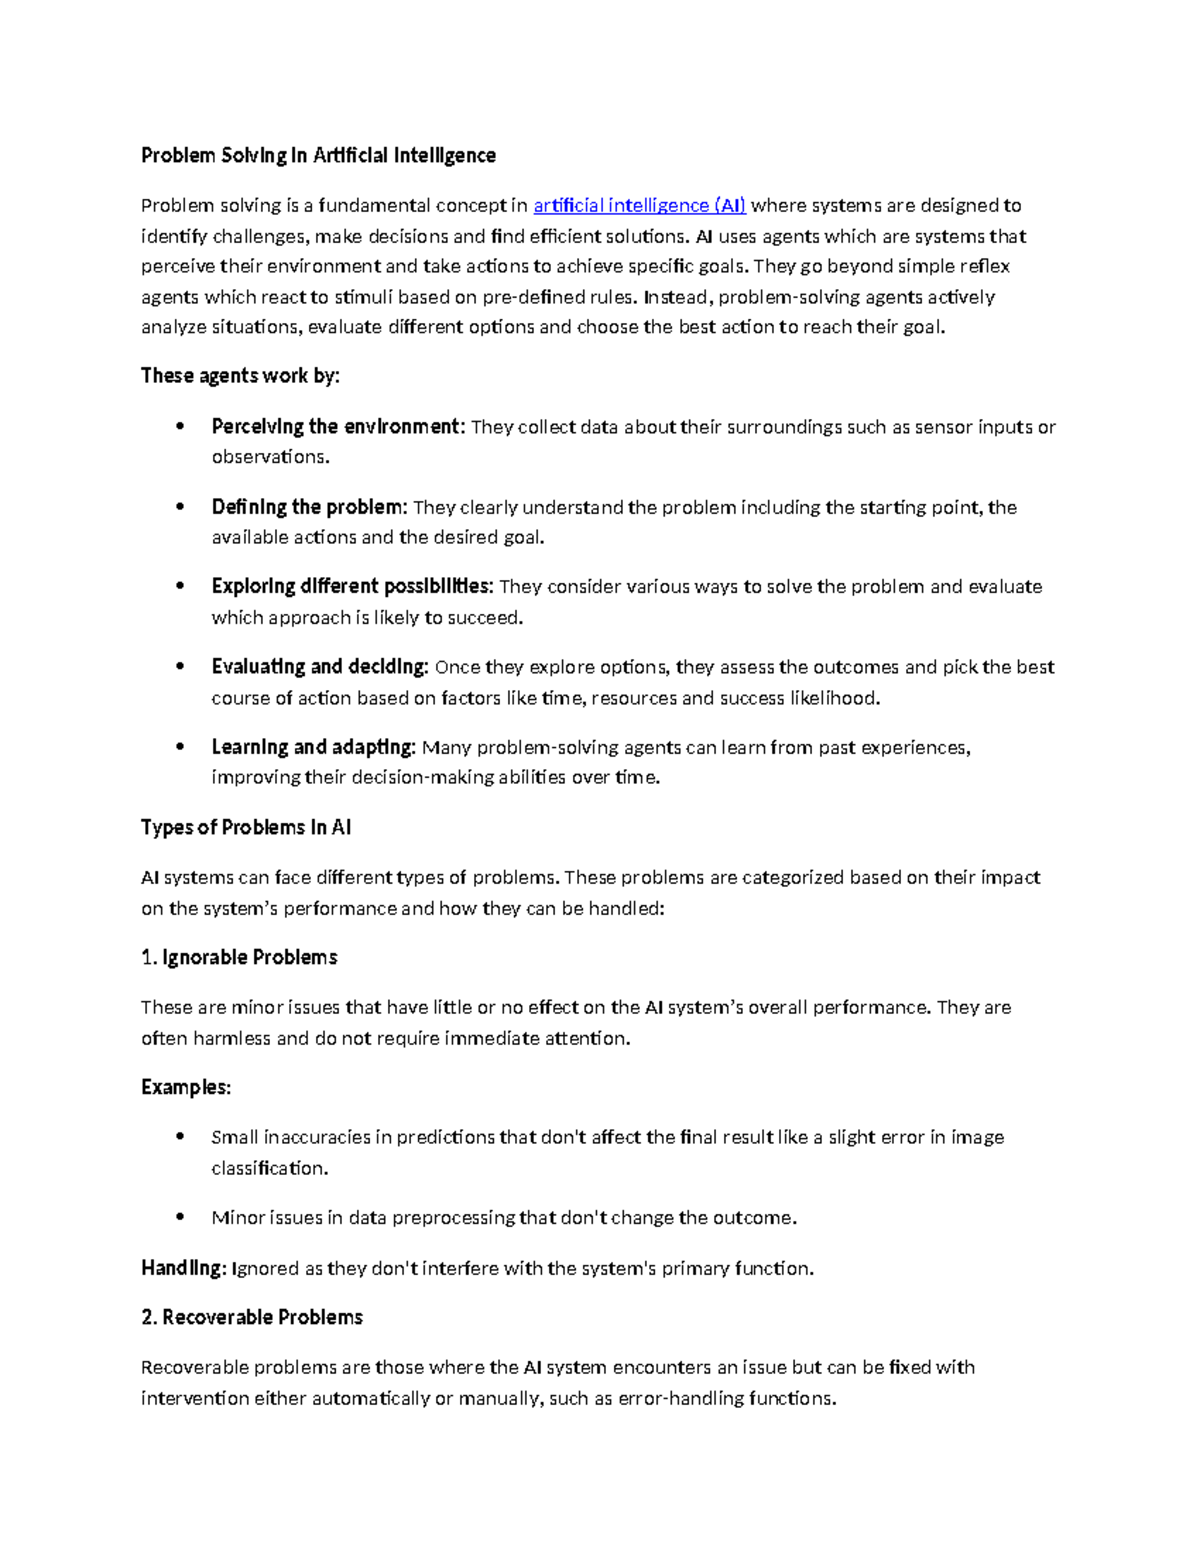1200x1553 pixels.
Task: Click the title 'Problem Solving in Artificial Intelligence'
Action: tap(318, 155)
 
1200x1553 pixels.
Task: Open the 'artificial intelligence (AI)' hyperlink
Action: tap(639, 206)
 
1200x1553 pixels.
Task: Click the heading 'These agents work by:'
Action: tap(240, 376)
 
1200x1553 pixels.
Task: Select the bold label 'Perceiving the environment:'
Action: tap(338, 427)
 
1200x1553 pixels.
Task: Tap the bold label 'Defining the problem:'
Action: tap(309, 507)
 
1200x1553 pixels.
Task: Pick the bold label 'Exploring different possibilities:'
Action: tap(352, 587)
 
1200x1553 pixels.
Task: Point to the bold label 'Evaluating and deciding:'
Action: tap(320, 667)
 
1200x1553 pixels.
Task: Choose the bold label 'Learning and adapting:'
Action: tap(313, 747)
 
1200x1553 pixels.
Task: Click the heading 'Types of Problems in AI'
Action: tap(246, 828)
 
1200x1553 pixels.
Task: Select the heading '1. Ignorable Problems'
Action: tap(239, 958)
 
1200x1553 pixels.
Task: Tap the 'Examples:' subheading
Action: tap(186, 1088)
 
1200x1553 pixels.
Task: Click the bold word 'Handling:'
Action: tap(183, 1268)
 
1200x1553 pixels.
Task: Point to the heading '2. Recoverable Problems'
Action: tap(252, 1318)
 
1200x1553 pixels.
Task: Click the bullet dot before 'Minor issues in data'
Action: tap(180, 1217)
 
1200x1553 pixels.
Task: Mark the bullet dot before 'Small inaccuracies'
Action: tap(180, 1136)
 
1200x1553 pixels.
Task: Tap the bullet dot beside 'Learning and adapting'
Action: tap(180, 746)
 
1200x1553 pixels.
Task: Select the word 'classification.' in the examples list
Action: tap(270, 1168)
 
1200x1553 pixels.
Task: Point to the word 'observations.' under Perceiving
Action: tap(270, 457)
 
